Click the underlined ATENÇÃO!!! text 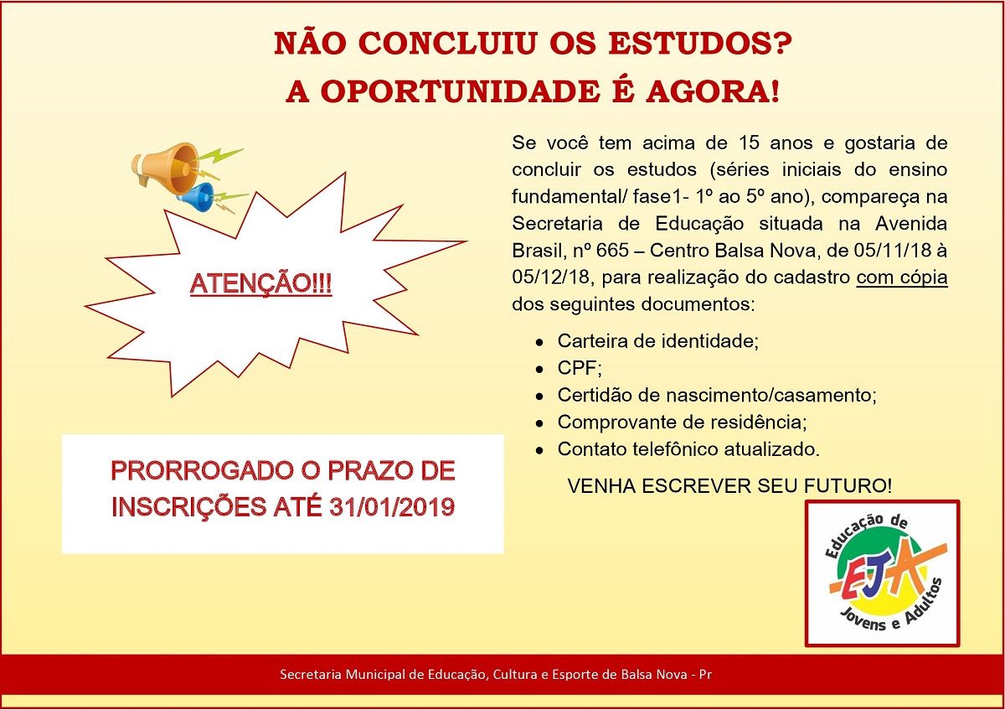click(x=260, y=284)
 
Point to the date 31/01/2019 click(x=392, y=507)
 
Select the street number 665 click(x=612, y=251)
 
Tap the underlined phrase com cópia click(x=902, y=277)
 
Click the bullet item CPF click(x=580, y=368)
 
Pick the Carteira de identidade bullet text click(x=657, y=341)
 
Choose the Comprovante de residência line click(x=682, y=422)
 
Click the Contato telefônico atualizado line click(x=688, y=449)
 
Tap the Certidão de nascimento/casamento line click(x=717, y=395)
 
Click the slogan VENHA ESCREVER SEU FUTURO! click(x=729, y=486)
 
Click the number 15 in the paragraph click(x=750, y=143)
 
